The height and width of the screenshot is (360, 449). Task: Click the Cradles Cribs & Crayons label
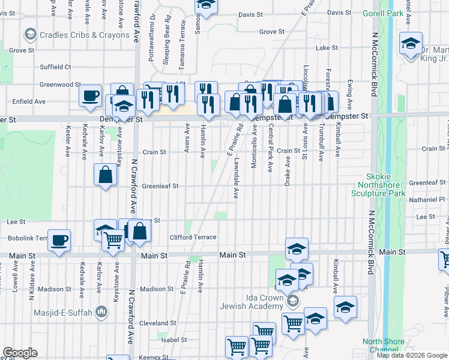click(x=84, y=35)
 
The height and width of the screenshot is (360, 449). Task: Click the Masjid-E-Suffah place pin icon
click(x=101, y=311)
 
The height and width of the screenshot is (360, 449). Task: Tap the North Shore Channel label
click(x=384, y=346)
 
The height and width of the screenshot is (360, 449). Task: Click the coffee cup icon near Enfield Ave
click(x=91, y=96)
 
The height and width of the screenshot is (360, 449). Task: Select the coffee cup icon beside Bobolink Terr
click(x=59, y=241)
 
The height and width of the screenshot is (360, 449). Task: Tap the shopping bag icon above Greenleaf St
click(x=106, y=175)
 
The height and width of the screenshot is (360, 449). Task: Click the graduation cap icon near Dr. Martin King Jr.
click(x=411, y=43)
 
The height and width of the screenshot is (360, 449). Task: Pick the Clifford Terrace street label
click(x=193, y=238)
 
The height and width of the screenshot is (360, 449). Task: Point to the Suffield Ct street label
click(x=55, y=67)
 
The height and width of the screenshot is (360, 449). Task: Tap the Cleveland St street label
click(x=157, y=323)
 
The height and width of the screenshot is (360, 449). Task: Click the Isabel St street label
click(x=175, y=340)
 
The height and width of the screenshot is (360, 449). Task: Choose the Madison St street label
click(x=157, y=289)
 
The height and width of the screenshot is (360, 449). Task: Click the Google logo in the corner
click(x=20, y=353)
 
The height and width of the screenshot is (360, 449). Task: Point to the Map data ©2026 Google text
click(x=412, y=355)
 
